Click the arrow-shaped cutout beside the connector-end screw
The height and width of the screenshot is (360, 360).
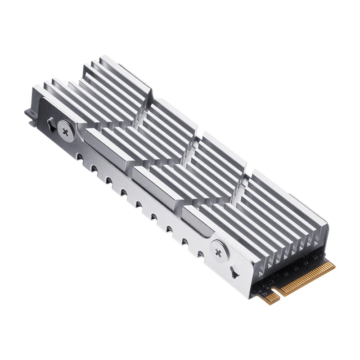tap(235, 270)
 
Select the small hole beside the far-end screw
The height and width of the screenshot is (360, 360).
tap(49, 121)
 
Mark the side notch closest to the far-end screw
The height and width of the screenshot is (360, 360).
tap(79, 157)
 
